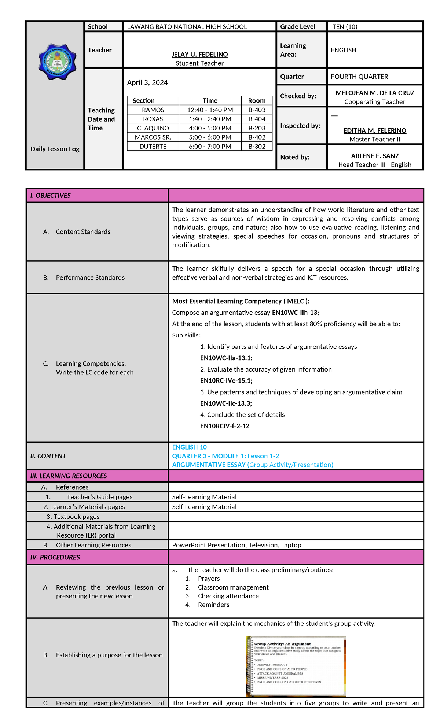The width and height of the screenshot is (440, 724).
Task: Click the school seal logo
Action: pyautogui.click(x=57, y=62)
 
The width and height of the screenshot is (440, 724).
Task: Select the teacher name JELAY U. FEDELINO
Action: pyautogui.click(x=199, y=55)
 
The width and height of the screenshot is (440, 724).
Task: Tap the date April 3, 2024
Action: pyautogui.click(x=147, y=83)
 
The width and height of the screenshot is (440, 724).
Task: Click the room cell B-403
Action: pyautogui.click(x=257, y=110)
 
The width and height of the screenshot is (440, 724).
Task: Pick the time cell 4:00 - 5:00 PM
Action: pyautogui.click(x=210, y=128)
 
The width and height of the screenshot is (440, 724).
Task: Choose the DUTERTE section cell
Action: pyautogui.click(x=153, y=147)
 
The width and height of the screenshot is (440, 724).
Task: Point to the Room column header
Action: pyautogui.click(x=257, y=101)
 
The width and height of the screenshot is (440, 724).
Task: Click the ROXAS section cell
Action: pyautogui.click(x=153, y=119)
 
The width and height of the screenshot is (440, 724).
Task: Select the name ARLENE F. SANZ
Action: pyautogui.click(x=375, y=156)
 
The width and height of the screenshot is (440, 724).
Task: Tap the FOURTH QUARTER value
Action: pyautogui.click(x=359, y=77)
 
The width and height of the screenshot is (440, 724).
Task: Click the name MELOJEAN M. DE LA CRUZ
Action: pyautogui.click(x=375, y=93)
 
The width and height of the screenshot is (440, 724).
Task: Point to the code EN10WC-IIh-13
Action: pyautogui.click(x=295, y=313)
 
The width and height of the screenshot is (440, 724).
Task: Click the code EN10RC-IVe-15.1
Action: pyautogui.click(x=226, y=381)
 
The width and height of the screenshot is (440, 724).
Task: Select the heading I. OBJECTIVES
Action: pyautogui.click(x=51, y=196)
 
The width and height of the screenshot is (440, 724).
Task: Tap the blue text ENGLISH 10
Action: pyautogui.click(x=190, y=447)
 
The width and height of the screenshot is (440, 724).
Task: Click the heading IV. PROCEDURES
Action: pyautogui.click(x=55, y=557)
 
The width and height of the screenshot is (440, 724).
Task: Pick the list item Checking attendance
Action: pyautogui.click(x=228, y=596)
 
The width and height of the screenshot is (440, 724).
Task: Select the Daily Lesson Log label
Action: pyautogui.click(x=55, y=149)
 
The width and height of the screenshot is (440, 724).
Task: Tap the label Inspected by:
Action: pyautogui.click(x=300, y=126)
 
